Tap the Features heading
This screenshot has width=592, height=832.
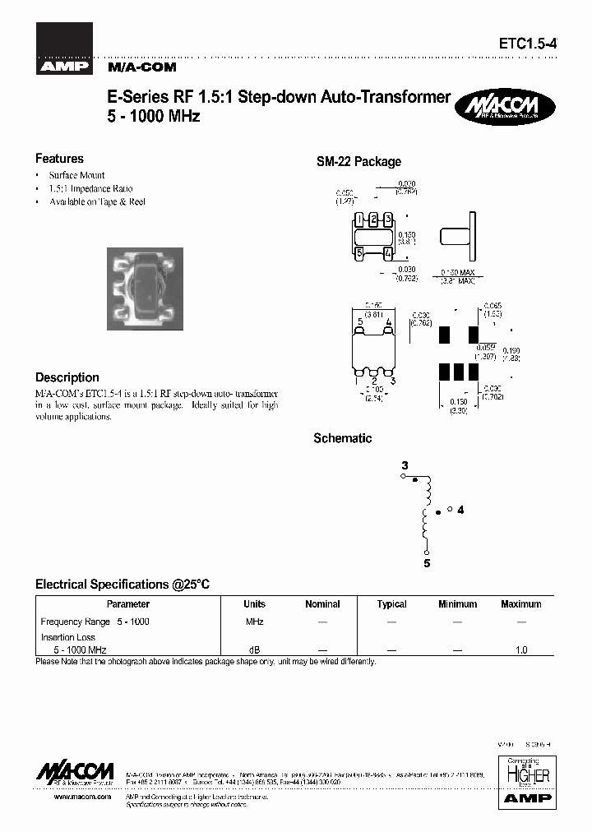click(59, 159)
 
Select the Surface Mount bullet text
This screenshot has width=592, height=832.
click(76, 176)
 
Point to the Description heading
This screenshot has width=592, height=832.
click(67, 377)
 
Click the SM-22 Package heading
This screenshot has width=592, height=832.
click(358, 162)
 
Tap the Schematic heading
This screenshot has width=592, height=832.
click(342, 438)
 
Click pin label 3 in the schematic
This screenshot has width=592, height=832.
click(404, 466)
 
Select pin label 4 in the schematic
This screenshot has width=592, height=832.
click(460, 510)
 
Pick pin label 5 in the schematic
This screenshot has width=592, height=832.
click(427, 564)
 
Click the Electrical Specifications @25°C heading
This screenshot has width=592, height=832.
click(123, 585)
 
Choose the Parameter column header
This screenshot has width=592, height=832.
click(128, 604)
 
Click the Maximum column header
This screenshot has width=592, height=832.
click(520, 604)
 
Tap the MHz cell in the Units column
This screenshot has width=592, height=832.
click(254, 622)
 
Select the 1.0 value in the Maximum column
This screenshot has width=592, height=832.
click(520, 649)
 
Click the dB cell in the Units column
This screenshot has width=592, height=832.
click(254, 649)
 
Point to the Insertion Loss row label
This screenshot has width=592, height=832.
click(68, 637)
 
